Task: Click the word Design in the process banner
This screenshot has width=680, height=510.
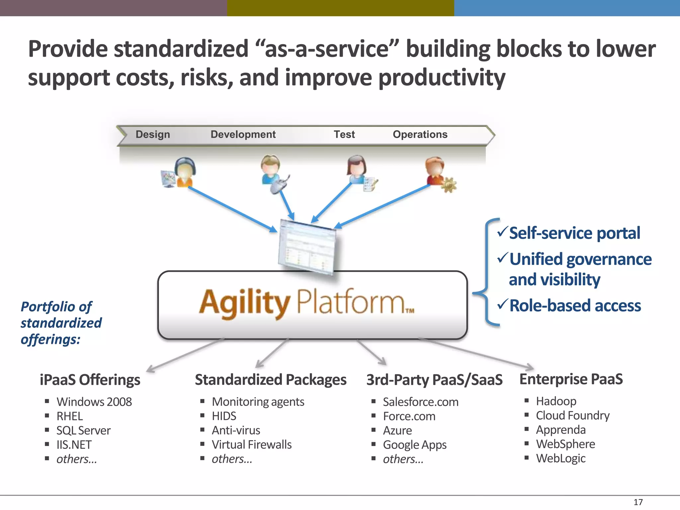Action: [153, 134]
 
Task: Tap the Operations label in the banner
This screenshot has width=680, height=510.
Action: [420, 134]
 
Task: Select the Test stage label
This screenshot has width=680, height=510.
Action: [344, 134]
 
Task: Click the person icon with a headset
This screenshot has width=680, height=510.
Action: [185, 172]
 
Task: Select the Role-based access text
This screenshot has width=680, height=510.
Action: [575, 305]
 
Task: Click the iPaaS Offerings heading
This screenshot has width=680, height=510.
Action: [90, 380]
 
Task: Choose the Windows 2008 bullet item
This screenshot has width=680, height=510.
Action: [94, 402]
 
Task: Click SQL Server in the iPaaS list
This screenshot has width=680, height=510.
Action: [83, 430]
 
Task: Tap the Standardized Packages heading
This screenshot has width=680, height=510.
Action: [270, 380]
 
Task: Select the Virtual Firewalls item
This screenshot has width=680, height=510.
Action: [252, 445]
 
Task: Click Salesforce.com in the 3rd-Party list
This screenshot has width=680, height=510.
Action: [420, 402]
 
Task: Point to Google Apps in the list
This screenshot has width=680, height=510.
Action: [414, 445]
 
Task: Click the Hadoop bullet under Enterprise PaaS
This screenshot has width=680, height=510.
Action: [556, 401]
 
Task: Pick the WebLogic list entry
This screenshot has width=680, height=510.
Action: [560, 458]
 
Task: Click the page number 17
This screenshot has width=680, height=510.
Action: [638, 502]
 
